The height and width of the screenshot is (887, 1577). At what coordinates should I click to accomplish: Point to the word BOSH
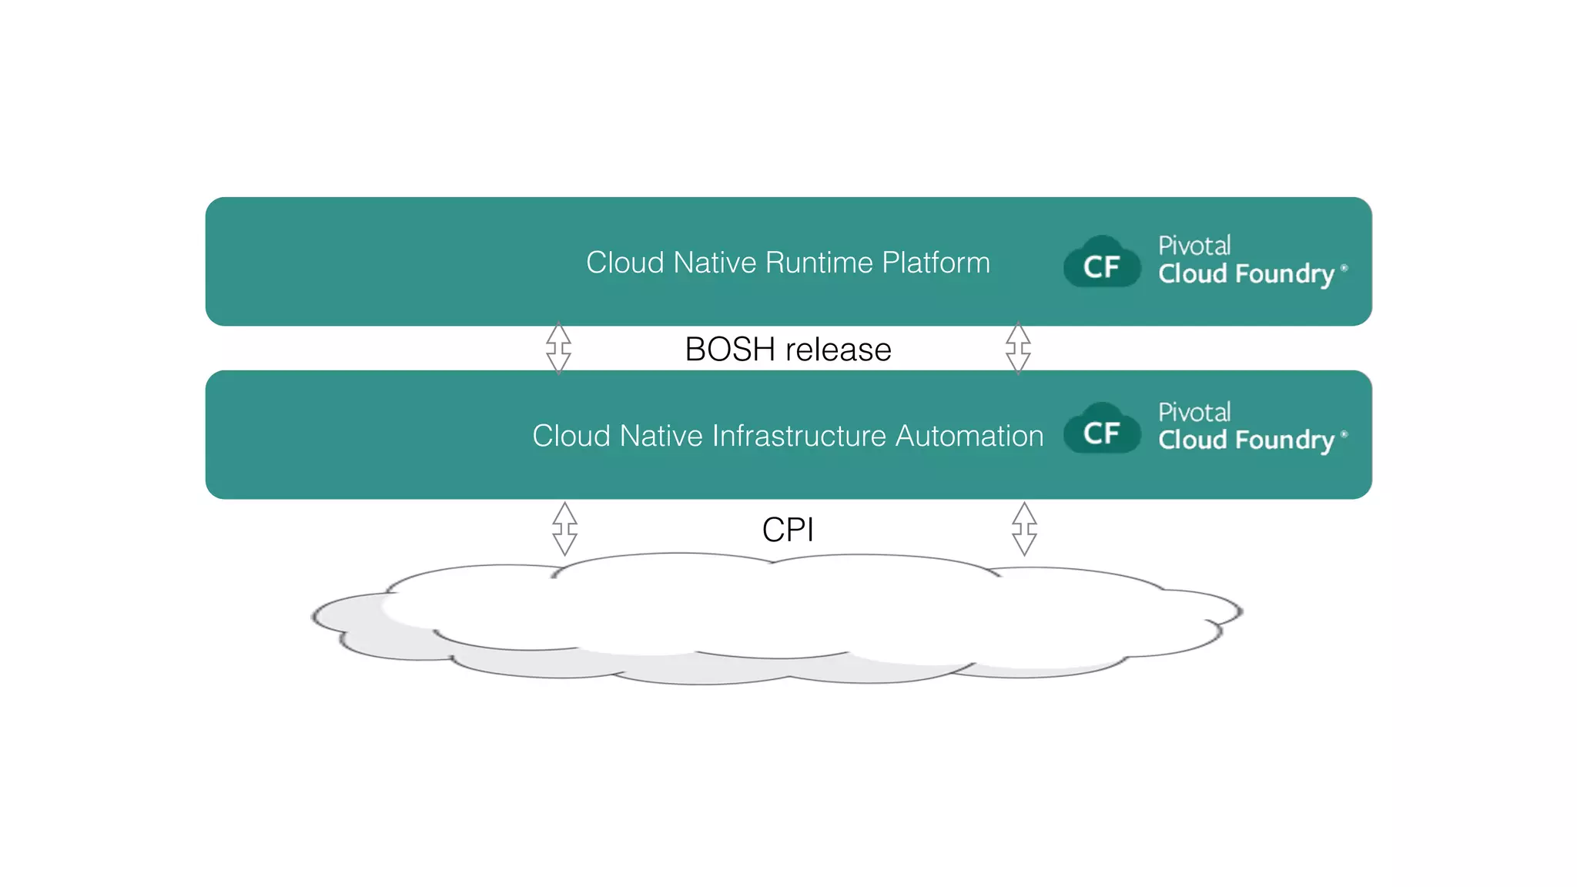point(729,350)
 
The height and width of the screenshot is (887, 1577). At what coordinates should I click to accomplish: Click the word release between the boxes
point(838,350)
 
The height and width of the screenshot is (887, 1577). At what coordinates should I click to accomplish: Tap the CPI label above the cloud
point(788,530)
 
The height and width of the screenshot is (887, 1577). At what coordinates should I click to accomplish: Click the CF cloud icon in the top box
point(1101,263)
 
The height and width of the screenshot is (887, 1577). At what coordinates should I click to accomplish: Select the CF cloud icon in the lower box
point(1101,430)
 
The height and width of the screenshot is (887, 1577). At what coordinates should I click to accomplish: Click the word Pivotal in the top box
point(1194,246)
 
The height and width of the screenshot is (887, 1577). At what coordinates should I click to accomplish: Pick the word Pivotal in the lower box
point(1194,412)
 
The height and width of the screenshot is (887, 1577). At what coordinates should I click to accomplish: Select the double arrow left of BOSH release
point(558,348)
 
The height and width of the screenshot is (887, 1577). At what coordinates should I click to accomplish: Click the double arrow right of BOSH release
point(1018,348)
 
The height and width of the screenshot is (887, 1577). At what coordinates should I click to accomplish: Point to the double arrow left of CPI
point(564,529)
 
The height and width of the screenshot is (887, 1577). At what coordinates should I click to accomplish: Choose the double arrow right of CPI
point(1024,529)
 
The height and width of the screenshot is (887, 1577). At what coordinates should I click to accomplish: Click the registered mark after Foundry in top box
point(1344,268)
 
